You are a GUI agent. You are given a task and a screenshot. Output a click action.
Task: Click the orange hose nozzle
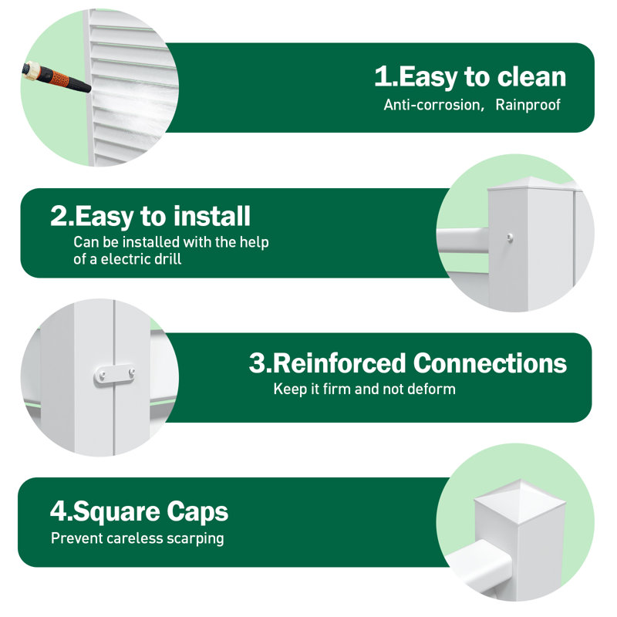(56, 78)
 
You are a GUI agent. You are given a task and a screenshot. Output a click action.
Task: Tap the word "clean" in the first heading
(531, 76)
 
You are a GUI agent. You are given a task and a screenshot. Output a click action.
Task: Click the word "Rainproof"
(528, 105)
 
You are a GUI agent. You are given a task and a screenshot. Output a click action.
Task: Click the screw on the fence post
(510, 238)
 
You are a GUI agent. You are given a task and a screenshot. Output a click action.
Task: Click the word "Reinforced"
(339, 362)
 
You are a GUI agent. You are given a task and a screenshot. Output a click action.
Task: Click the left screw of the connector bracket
(102, 375)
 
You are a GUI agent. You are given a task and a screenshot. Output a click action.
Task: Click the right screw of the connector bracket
(131, 372)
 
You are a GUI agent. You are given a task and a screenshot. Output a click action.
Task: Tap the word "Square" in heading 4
(116, 513)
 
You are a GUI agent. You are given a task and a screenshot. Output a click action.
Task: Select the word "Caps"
(197, 511)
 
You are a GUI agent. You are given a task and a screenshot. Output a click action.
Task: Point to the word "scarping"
(195, 538)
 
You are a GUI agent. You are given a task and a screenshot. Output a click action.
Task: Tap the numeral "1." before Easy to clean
(386, 76)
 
